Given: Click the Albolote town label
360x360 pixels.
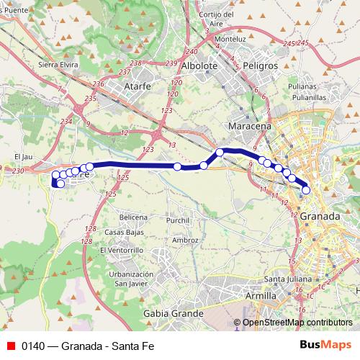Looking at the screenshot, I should tap(199, 66).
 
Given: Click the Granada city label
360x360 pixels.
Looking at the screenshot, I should tap(320, 216).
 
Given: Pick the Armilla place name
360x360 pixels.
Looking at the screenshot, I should tap(261, 296).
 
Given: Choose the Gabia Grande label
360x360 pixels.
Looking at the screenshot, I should tap(174, 314).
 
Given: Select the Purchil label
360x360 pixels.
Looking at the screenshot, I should tap(177, 220).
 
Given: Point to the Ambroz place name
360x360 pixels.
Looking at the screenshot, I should tap(185, 240).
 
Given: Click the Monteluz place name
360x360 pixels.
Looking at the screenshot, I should tap(230, 38).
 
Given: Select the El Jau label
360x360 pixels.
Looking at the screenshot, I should tap(23, 156).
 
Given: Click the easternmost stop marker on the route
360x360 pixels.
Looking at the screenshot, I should tap(306, 190).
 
